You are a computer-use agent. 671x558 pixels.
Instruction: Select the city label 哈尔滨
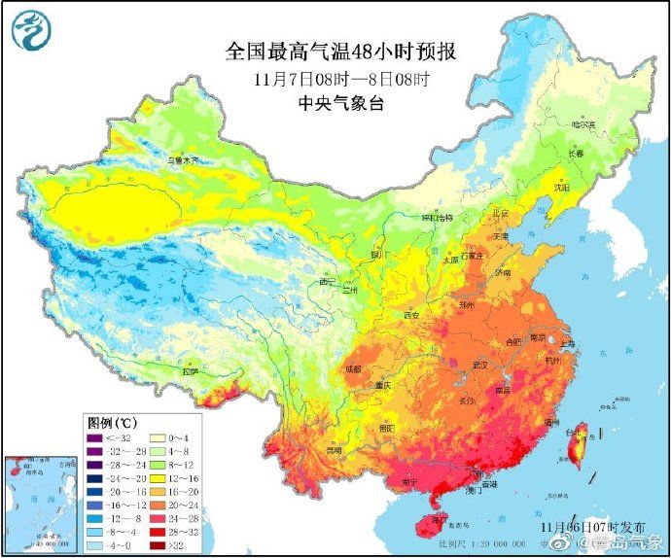(583, 124)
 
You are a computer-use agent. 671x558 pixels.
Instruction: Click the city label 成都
(352, 369)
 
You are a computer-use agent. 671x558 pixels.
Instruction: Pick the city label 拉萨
(191, 370)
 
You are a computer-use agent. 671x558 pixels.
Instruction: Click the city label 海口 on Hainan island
(440, 521)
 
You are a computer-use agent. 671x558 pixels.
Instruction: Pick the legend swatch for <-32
(96, 438)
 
